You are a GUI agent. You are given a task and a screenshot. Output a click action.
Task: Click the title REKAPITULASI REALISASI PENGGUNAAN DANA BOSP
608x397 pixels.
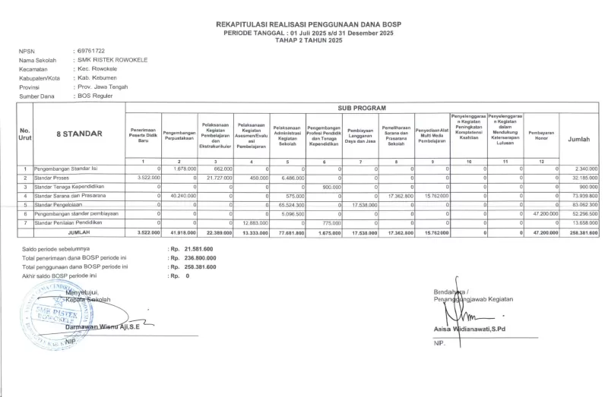click(308, 24)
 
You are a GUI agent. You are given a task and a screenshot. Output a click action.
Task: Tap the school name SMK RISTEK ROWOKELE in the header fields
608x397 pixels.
click(112, 59)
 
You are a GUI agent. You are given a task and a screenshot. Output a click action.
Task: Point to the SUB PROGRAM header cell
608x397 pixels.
click(362, 108)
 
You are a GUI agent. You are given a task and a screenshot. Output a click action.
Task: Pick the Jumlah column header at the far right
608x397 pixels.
click(579, 140)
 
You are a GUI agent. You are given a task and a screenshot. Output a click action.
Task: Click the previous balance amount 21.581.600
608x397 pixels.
click(198, 249)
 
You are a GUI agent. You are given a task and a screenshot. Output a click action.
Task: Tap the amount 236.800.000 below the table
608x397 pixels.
click(200, 258)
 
